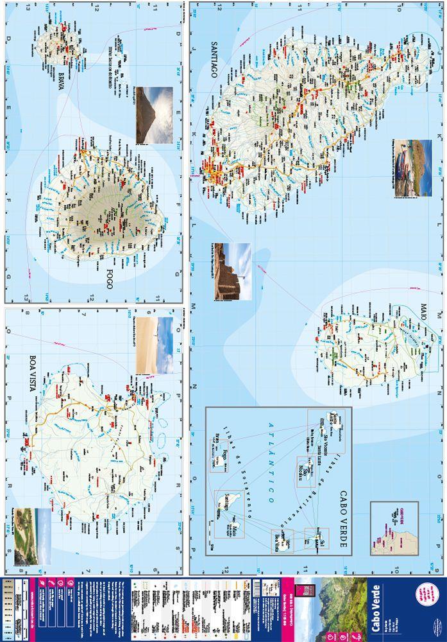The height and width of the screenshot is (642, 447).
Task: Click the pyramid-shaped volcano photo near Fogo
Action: click(x=154, y=115)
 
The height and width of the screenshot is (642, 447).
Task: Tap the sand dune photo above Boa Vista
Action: click(x=155, y=345)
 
